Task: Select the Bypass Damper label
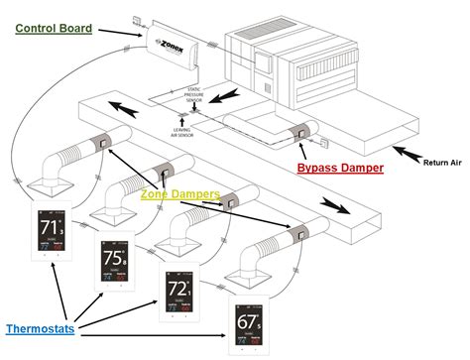point(340,168)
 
